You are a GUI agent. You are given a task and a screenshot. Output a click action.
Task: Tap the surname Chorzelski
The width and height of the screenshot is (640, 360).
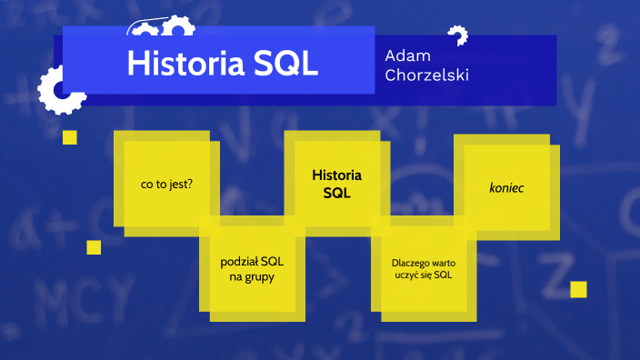(x=426, y=75)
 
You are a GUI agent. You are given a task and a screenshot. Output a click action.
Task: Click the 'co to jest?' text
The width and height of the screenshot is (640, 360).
(x=166, y=182)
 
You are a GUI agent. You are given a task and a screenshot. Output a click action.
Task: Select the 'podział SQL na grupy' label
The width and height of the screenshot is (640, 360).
(x=252, y=268)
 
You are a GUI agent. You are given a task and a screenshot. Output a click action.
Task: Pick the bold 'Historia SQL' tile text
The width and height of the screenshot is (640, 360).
(x=336, y=183)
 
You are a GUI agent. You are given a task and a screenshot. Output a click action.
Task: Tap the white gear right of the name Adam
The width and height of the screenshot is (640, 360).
(x=457, y=36)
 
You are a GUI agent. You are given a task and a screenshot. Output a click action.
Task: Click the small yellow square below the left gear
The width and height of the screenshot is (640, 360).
(x=70, y=137)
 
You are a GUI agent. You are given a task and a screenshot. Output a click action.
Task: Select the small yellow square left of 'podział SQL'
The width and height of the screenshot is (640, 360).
(x=94, y=247)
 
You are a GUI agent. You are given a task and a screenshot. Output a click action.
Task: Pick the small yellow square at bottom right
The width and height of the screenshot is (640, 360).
(x=578, y=289)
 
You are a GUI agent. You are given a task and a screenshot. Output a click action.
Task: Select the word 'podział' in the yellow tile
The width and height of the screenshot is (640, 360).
(x=239, y=261)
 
